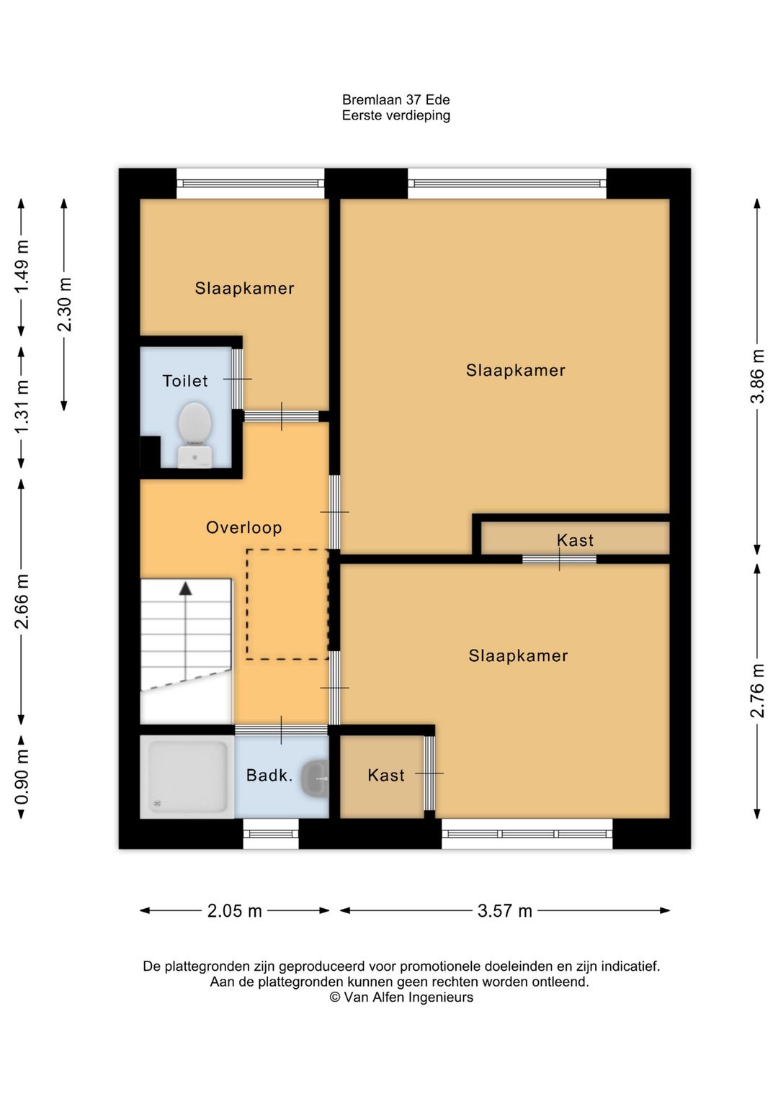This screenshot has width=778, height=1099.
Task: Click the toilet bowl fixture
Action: (195, 435)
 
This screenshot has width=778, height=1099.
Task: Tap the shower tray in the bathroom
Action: (187, 776)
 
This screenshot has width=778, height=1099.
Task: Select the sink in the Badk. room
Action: (315, 778)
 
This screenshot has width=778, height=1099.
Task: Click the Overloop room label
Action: (244, 527)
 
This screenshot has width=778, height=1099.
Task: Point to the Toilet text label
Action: (185, 381)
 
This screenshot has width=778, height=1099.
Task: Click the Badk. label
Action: (269, 775)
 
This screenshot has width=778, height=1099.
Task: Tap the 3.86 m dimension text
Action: (757, 377)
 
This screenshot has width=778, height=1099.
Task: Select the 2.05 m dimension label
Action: (235, 911)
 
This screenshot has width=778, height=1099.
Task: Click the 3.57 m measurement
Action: (505, 911)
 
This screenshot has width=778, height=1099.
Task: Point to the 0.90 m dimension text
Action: (22, 777)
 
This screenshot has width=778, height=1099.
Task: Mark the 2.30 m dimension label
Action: (64, 305)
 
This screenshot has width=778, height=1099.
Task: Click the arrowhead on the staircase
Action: (185, 589)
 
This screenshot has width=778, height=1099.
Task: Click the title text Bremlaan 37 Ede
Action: (396, 99)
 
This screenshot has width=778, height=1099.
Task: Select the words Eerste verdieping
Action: (396, 116)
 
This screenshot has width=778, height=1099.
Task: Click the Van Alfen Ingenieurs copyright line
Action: (401, 997)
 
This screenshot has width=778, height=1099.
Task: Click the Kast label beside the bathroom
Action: (386, 775)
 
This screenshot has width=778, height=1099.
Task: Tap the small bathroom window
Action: (271, 833)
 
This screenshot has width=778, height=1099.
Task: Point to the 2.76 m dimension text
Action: (757, 691)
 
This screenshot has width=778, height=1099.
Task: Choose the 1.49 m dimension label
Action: (22, 266)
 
